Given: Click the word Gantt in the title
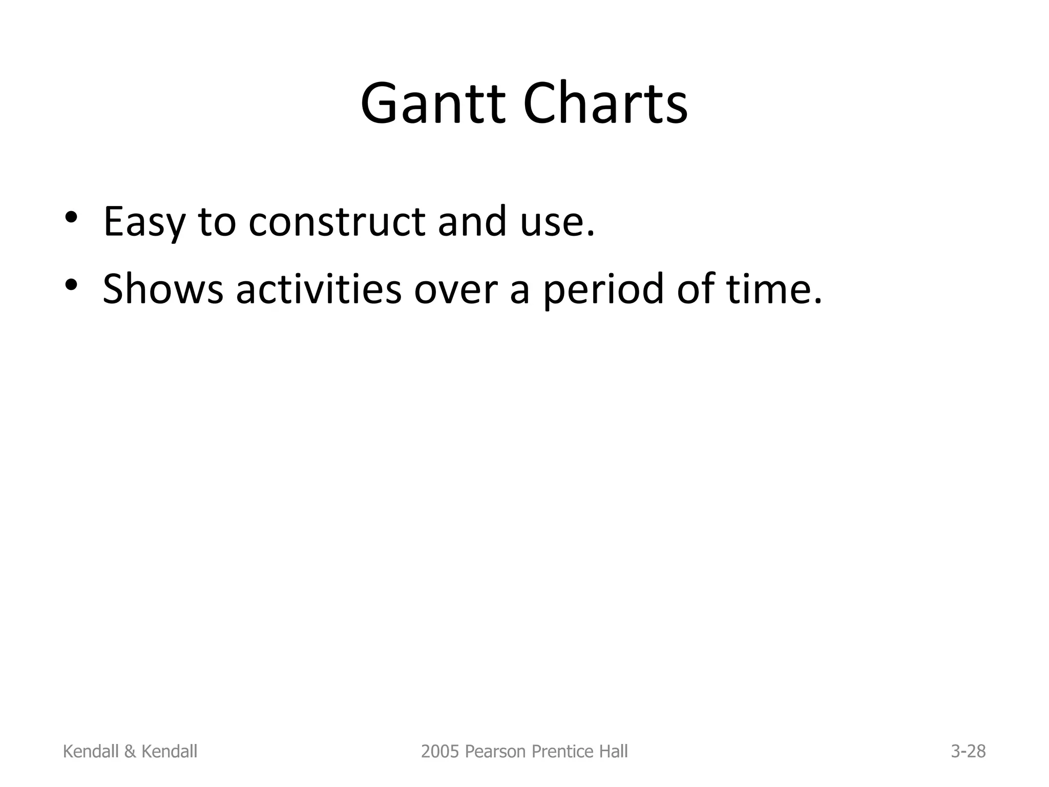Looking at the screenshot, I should pyautogui.click(x=437, y=105).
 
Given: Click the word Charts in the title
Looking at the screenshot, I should pyautogui.click(x=605, y=105).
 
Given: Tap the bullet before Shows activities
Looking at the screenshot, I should pyautogui.click(x=71, y=285).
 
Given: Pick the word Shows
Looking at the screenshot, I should pyautogui.click(x=163, y=289).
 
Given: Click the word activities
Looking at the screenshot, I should pyautogui.click(x=319, y=289).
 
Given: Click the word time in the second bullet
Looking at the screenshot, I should pyautogui.click(x=768, y=289).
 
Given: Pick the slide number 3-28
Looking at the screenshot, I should pyautogui.click(x=968, y=752).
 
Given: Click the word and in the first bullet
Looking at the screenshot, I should pyautogui.click(x=472, y=222).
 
